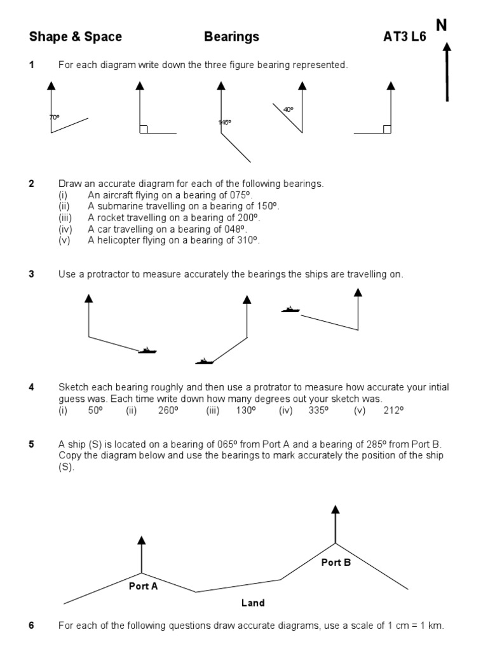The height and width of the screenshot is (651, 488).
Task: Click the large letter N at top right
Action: click(442, 25)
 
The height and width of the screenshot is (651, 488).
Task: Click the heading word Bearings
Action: click(231, 37)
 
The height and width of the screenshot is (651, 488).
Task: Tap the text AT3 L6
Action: click(405, 37)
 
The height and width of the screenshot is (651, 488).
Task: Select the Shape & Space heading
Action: click(76, 37)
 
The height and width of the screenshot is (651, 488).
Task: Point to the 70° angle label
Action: click(54, 117)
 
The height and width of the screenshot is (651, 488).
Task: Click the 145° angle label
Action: click(224, 122)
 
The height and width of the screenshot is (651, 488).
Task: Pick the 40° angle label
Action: click(288, 109)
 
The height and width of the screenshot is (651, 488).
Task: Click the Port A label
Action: click(143, 586)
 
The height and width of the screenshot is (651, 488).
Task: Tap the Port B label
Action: click(336, 562)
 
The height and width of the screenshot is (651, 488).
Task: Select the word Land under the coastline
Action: click(253, 603)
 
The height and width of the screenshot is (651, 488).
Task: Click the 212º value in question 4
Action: click(393, 410)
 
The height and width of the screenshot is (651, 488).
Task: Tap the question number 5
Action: click(32, 444)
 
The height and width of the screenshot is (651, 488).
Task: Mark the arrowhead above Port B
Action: click(335, 509)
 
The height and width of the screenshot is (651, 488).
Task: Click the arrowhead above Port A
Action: click(142, 540)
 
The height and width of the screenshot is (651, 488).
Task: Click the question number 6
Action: click(32, 626)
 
